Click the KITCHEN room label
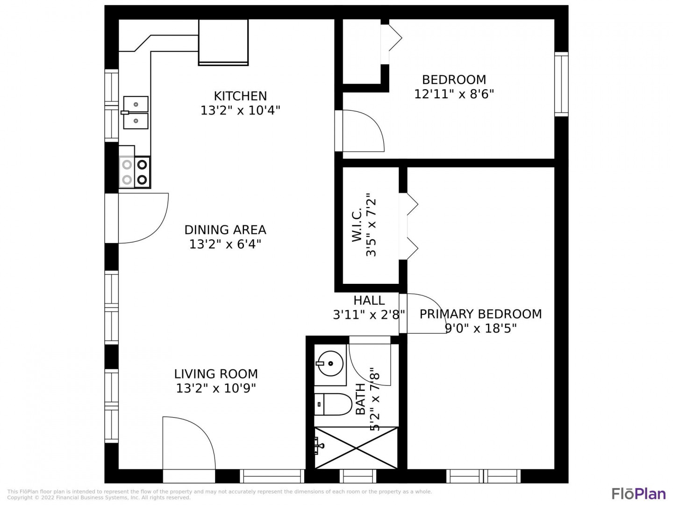[240, 96]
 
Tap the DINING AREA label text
[225, 230]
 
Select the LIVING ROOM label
[216, 374]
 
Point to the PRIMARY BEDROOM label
[480, 314]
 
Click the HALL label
[369, 301]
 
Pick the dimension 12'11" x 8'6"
[454, 94]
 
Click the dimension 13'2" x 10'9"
[216, 389]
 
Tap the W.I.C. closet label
[357, 224]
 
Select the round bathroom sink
[330, 363]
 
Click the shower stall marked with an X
[356, 448]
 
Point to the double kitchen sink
[136, 113]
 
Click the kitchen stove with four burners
[135, 172]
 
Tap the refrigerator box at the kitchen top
[223, 42]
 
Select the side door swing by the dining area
[143, 218]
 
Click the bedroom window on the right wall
[561, 84]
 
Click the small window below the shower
[358, 476]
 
